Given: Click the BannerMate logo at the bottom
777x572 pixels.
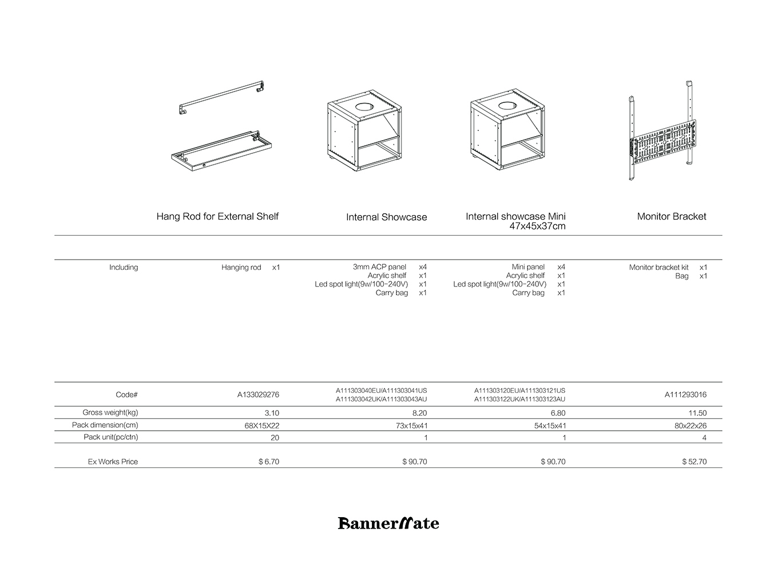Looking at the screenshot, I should click(388, 523).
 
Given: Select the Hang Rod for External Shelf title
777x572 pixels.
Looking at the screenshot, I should click(217, 216).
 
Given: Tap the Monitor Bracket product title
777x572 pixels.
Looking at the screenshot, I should click(671, 216).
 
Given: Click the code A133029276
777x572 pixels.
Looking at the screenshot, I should click(258, 395).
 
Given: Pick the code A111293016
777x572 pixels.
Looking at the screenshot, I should click(685, 395).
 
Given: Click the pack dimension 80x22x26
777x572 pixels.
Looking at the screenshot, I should click(690, 426).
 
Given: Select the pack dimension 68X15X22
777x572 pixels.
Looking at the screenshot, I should click(261, 426).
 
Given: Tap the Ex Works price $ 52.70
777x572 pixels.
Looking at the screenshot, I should click(694, 462).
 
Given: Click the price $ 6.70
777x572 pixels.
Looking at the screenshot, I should click(268, 462).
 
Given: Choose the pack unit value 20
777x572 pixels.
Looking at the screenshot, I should click(275, 438).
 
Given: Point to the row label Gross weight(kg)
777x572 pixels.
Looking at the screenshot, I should click(110, 412).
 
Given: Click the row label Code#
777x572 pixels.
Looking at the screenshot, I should click(126, 395).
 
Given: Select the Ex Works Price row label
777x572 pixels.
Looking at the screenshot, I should click(113, 462).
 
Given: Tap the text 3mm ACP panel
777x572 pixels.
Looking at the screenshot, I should click(379, 267).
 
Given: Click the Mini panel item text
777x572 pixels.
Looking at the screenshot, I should click(528, 267).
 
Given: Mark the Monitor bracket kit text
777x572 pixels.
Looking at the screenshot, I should click(659, 267).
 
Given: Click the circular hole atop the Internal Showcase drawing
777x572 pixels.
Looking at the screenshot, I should click(363, 106).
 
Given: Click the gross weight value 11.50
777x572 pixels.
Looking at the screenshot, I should click(697, 413).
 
